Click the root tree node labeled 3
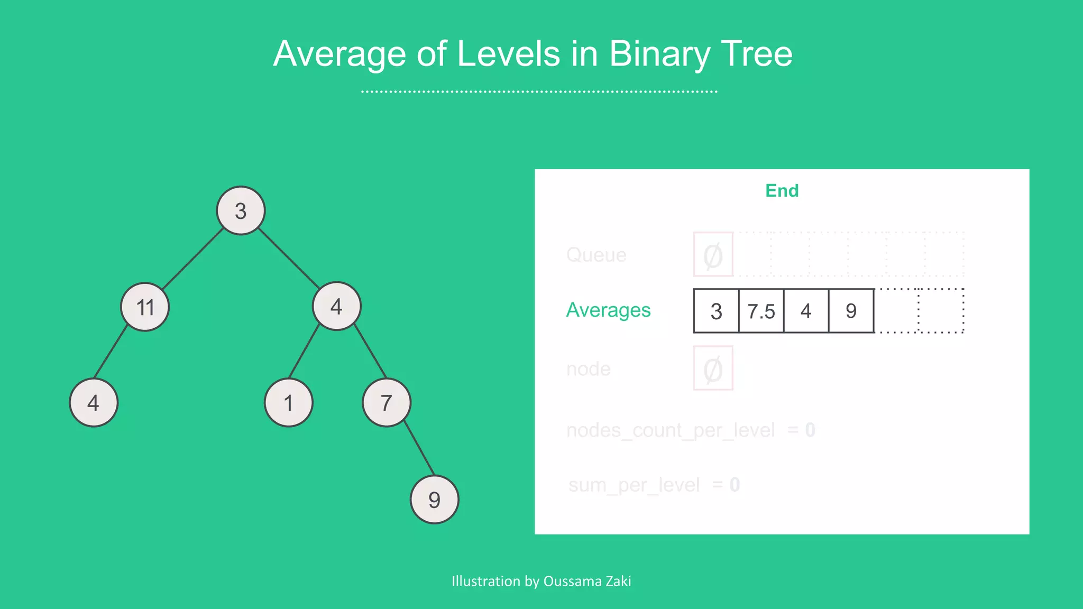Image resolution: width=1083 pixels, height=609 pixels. [241, 210]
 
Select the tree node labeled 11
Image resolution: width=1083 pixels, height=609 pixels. [145, 307]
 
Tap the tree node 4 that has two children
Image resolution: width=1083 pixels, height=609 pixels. [337, 306]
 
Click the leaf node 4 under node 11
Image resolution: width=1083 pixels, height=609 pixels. [94, 403]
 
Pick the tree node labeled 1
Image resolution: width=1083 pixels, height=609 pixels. [289, 403]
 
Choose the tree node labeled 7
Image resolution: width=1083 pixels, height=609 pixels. [387, 403]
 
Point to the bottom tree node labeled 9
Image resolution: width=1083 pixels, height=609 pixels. [435, 500]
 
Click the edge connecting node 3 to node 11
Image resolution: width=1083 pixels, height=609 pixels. [193, 259]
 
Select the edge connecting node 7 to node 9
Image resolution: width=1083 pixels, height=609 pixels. [419, 448]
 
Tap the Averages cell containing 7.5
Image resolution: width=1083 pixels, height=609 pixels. [761, 311]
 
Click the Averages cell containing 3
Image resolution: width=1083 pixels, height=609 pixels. [716, 311]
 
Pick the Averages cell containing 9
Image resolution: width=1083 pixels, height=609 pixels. [851, 311]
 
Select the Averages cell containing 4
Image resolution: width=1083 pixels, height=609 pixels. [806, 311]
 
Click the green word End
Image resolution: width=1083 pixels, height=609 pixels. [782, 190]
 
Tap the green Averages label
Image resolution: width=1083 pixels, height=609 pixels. [608, 310]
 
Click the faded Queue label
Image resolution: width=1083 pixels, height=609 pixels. [596, 255]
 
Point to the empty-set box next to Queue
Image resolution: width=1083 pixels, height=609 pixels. [713, 254]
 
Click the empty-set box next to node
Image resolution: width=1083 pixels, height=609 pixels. [713, 368]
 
